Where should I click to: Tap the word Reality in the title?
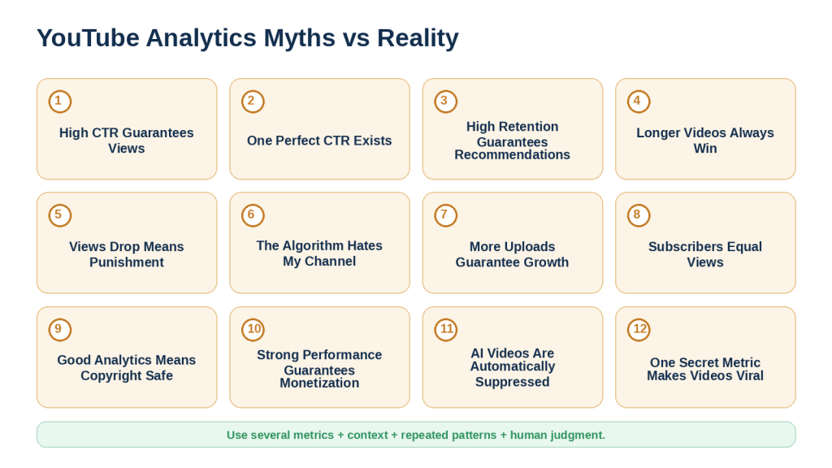pyautogui.click(x=418, y=38)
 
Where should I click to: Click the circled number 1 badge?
pyautogui.click(x=60, y=102)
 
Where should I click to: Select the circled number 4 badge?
pyautogui.click(x=639, y=102)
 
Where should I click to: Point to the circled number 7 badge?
pyautogui.click(x=446, y=215)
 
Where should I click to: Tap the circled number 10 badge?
pyautogui.click(x=253, y=330)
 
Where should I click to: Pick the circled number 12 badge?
pyautogui.click(x=639, y=330)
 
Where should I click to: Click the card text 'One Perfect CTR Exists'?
pyautogui.click(x=319, y=141)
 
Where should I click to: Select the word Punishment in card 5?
pyautogui.click(x=127, y=262)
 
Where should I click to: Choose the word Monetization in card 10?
pyautogui.click(x=319, y=383)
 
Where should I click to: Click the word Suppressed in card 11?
pyautogui.click(x=512, y=382)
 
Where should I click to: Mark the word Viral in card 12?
pyautogui.click(x=748, y=375)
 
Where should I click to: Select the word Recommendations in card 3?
pyautogui.click(x=512, y=155)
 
